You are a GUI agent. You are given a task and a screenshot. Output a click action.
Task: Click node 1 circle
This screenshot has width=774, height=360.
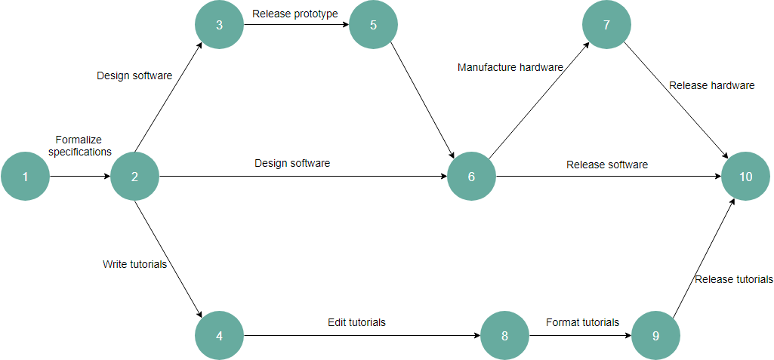pyautogui.click(x=25, y=177)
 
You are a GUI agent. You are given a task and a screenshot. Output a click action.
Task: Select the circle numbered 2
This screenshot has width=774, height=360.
pyautogui.click(x=134, y=177)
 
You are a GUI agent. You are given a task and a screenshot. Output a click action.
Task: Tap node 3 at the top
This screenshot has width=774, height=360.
pyautogui.click(x=219, y=25)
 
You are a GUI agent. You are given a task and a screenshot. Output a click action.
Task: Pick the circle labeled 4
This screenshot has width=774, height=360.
pyautogui.click(x=219, y=335)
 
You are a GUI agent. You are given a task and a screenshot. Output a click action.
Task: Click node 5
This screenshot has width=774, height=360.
pyautogui.click(x=373, y=25)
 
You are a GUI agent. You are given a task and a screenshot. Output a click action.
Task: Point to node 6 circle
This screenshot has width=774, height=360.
pyautogui.click(x=471, y=177)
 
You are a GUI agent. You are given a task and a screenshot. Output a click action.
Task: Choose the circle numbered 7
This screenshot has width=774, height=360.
pyautogui.click(x=606, y=25)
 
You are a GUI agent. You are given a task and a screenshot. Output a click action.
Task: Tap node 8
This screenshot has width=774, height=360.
pyautogui.click(x=504, y=335)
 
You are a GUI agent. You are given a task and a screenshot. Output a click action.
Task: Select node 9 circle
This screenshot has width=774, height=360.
pyautogui.click(x=655, y=335)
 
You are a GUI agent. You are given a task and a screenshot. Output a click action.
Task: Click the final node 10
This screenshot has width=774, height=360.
pyautogui.click(x=746, y=177)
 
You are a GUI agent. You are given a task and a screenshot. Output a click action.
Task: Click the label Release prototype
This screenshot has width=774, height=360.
pyautogui.click(x=295, y=13)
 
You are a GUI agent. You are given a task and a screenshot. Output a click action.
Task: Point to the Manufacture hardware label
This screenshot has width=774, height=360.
pyautogui.click(x=510, y=67)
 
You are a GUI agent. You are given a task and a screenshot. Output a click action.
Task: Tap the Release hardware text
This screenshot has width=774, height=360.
pyautogui.click(x=711, y=85)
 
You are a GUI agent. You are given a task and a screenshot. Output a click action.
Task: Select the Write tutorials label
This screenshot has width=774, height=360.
pyautogui.click(x=134, y=264)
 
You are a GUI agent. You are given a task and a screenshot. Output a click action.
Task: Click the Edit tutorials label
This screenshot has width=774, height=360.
pyautogui.click(x=356, y=322)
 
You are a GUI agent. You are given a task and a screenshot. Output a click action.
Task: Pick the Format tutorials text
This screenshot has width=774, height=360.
pyautogui.click(x=582, y=322)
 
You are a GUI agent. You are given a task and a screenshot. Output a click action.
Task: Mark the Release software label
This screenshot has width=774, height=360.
pyautogui.click(x=607, y=165)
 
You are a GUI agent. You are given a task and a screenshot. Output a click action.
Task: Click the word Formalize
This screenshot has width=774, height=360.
pyautogui.click(x=79, y=140)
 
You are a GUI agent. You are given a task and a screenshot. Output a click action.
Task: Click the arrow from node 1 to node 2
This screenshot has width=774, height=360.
pyautogui.click(x=80, y=177)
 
